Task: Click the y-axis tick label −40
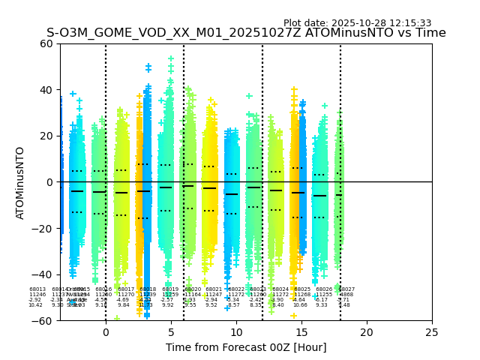[43, 274]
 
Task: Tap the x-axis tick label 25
[431, 332]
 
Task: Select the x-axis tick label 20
[366, 332]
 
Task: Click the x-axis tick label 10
[236, 332]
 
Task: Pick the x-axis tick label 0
[106, 332]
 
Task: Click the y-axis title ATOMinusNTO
[21, 182]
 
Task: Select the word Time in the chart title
[431, 33]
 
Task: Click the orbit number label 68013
[37, 289]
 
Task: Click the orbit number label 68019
[170, 289]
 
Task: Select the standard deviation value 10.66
[300, 305]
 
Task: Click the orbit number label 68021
[214, 289]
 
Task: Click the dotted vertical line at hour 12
[262, 150]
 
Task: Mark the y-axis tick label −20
[43, 228]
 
